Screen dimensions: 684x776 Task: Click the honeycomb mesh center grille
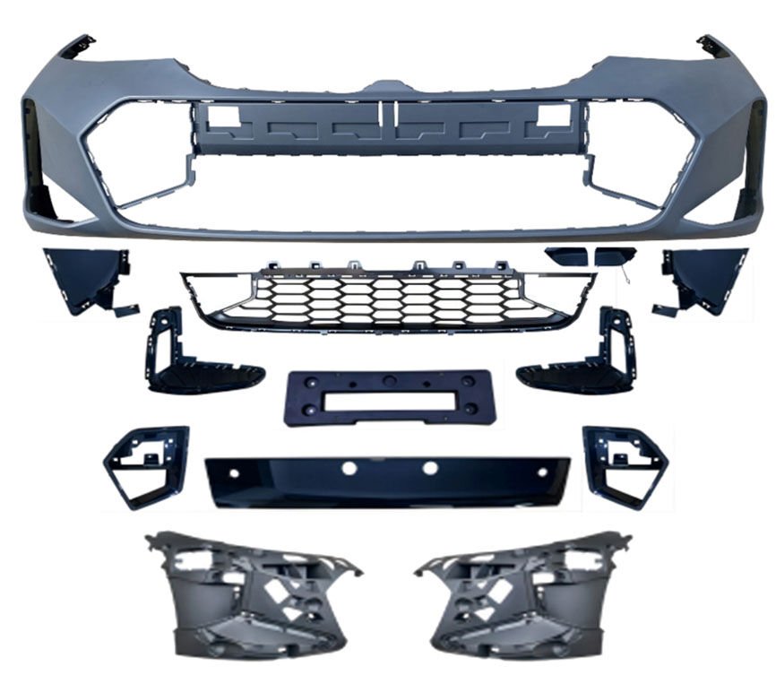[387, 299]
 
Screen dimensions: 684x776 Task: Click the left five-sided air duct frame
[145, 464]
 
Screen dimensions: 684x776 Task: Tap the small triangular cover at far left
[85, 278]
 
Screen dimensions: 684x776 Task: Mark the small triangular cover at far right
[703, 278]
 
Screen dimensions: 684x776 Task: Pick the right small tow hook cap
[614, 257]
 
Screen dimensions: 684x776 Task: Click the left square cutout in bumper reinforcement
[225, 116]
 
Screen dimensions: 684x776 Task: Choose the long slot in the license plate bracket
[390, 399]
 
